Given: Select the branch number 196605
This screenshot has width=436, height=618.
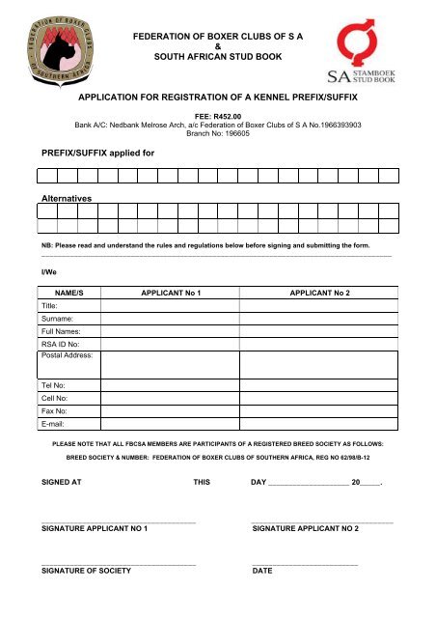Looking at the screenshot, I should [235, 134].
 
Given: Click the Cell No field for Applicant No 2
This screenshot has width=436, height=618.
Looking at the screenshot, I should [321, 396].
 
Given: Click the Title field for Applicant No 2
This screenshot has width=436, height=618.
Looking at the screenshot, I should [321, 304].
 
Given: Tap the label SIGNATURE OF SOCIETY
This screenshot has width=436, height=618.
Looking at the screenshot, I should [86, 571].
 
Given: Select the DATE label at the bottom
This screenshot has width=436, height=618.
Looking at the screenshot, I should [261, 571].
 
